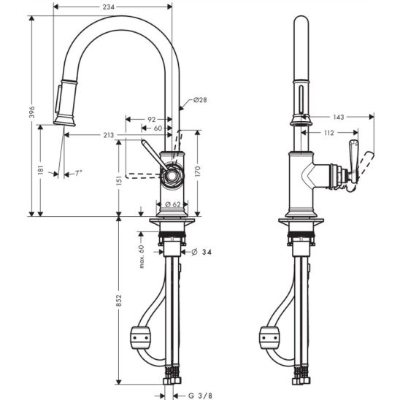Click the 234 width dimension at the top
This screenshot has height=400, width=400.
tap(109, 7)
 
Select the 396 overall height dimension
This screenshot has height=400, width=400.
tap(32, 112)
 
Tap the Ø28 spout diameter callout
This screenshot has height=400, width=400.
tap(200, 100)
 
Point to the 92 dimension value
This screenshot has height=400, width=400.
tap(152, 119)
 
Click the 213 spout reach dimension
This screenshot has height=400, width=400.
tap(109, 135)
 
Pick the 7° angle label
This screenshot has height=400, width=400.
tap(78, 174)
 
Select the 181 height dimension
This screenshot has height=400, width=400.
tap(41, 169)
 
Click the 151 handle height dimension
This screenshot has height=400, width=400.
tap(119, 180)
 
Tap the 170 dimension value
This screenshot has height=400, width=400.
tap(198, 172)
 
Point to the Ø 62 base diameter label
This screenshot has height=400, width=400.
tap(173, 204)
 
